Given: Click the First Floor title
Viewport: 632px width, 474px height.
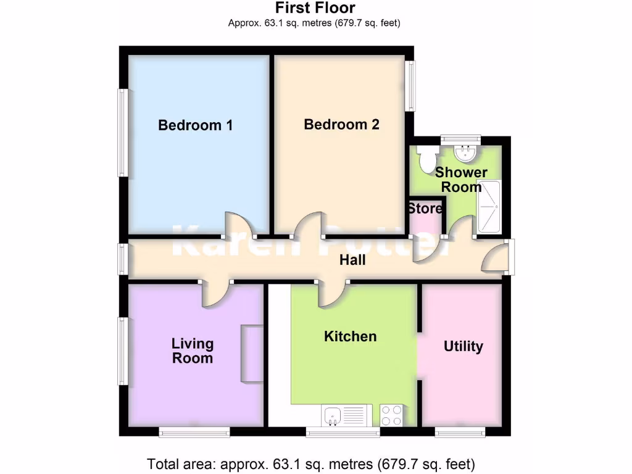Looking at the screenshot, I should (315, 8).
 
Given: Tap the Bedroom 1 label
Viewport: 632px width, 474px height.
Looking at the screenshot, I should (195, 125).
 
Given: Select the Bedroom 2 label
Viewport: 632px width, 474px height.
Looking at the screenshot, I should (341, 125).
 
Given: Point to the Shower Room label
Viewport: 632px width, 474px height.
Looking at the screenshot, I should (461, 179).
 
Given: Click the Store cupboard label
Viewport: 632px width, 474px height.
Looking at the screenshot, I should (425, 209).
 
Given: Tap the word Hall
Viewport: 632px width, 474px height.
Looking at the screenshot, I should (352, 260).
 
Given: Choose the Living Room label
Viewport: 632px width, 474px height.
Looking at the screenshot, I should (193, 351).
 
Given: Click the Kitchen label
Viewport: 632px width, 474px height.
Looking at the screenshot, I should (350, 336).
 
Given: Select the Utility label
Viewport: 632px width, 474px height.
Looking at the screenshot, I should (463, 346).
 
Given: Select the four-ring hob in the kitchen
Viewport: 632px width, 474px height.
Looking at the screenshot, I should (390, 415).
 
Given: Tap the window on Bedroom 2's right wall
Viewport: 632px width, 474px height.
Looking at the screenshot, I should (410, 86).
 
